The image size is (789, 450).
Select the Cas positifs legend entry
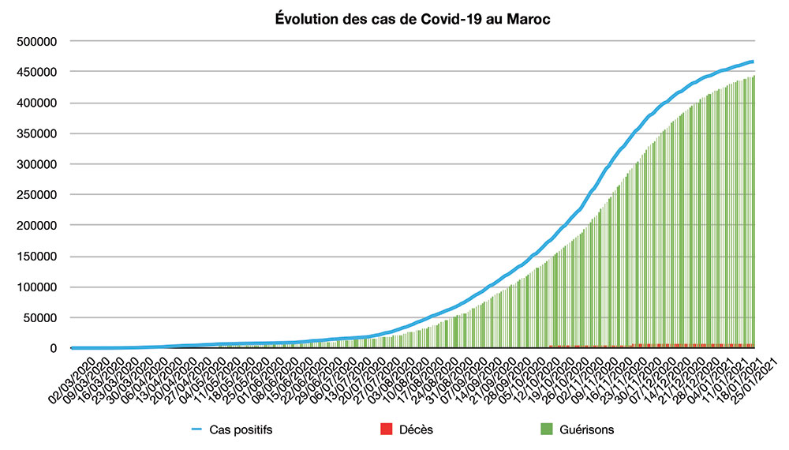[241, 430]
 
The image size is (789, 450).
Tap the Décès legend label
[416, 430]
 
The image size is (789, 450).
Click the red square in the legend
[386, 430]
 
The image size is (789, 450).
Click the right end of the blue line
[753, 62]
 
